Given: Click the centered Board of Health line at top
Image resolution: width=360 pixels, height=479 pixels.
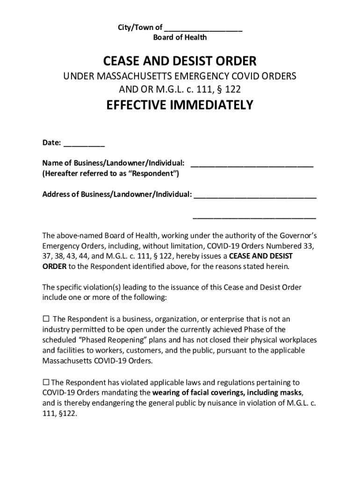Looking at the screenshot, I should pyautogui.click(x=180, y=37).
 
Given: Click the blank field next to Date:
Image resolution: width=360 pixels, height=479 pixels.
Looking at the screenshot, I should pyautogui.click(x=84, y=144).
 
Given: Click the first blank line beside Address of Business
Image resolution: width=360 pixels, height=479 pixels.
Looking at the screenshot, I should pyautogui.click(x=255, y=195).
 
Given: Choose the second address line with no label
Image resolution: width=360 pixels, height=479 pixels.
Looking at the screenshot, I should pyautogui.click(x=255, y=217).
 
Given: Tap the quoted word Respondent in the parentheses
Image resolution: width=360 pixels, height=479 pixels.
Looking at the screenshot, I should pyautogui.click(x=152, y=173).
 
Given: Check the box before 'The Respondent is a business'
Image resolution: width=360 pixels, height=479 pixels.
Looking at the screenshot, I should pyautogui.click(x=46, y=319).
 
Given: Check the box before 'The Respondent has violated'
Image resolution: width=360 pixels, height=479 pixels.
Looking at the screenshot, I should pyautogui.click(x=46, y=382).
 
